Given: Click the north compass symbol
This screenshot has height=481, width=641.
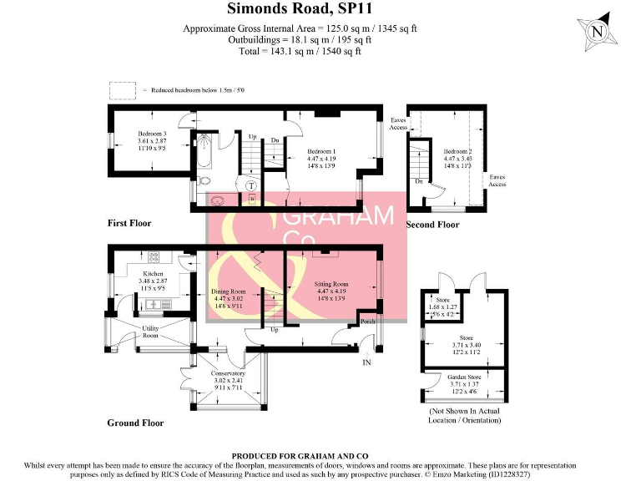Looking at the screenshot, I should (596, 31).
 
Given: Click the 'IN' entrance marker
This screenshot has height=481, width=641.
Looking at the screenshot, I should (366, 362).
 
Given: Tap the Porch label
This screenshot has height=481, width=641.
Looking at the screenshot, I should (366, 321).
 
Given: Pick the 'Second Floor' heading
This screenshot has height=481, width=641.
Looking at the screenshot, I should (432, 225).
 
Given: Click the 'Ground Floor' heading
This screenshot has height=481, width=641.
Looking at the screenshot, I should (135, 423).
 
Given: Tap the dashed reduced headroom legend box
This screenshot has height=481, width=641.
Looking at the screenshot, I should (122, 89).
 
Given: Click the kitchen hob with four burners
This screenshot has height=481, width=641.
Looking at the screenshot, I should (154, 257).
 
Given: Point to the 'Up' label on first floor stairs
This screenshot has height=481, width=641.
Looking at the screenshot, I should (252, 136).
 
